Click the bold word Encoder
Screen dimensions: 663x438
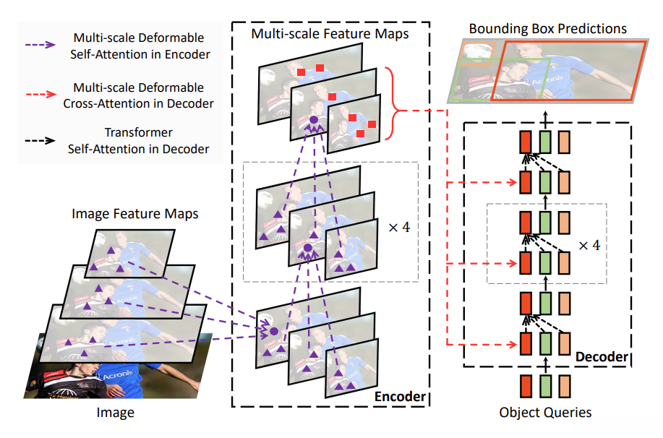pyautogui.click(x=400, y=397)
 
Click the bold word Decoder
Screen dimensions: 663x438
pyautogui.click(x=602, y=357)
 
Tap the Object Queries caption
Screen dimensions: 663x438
pyautogui.click(x=545, y=412)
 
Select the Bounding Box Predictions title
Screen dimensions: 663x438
pyautogui.click(x=547, y=29)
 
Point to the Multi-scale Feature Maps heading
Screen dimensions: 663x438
pyautogui.click(x=330, y=34)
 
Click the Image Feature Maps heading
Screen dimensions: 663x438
pyautogui.click(x=135, y=214)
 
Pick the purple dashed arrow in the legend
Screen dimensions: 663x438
pyautogui.click(x=40, y=45)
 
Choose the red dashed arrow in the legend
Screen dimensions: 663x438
pyautogui.click(x=40, y=94)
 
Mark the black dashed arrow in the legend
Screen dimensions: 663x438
pyautogui.click(x=40, y=140)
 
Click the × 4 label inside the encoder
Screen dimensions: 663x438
pyautogui.click(x=399, y=228)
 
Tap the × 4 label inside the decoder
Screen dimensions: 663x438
pyautogui.click(x=589, y=245)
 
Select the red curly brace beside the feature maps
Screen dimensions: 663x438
pyautogui.click(x=395, y=111)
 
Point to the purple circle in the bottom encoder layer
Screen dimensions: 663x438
pyautogui.click(x=274, y=332)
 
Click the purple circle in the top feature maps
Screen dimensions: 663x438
pyautogui.click(x=313, y=120)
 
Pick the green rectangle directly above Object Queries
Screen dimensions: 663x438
pyautogui.click(x=545, y=386)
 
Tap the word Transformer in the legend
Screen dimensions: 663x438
pyautogui.click(x=139, y=133)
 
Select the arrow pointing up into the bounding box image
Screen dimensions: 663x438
pyautogui.click(x=545, y=120)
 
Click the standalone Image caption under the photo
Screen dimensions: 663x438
pyautogui.click(x=116, y=412)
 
